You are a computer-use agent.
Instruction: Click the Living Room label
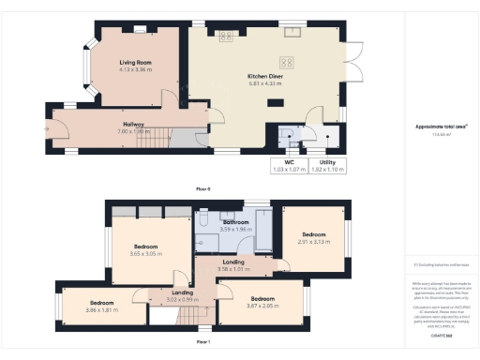136,62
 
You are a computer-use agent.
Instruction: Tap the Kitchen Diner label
265,74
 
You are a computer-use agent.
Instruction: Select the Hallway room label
133,123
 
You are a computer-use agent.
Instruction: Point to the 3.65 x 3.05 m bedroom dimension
144,254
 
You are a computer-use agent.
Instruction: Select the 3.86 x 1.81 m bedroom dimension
101,309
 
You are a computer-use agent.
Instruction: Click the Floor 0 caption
203,188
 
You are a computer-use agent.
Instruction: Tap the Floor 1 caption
203,342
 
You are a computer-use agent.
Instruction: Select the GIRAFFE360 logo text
441,334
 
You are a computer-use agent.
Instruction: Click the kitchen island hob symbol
289,63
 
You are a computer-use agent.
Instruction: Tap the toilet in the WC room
291,142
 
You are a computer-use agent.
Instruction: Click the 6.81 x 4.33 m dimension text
265,82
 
